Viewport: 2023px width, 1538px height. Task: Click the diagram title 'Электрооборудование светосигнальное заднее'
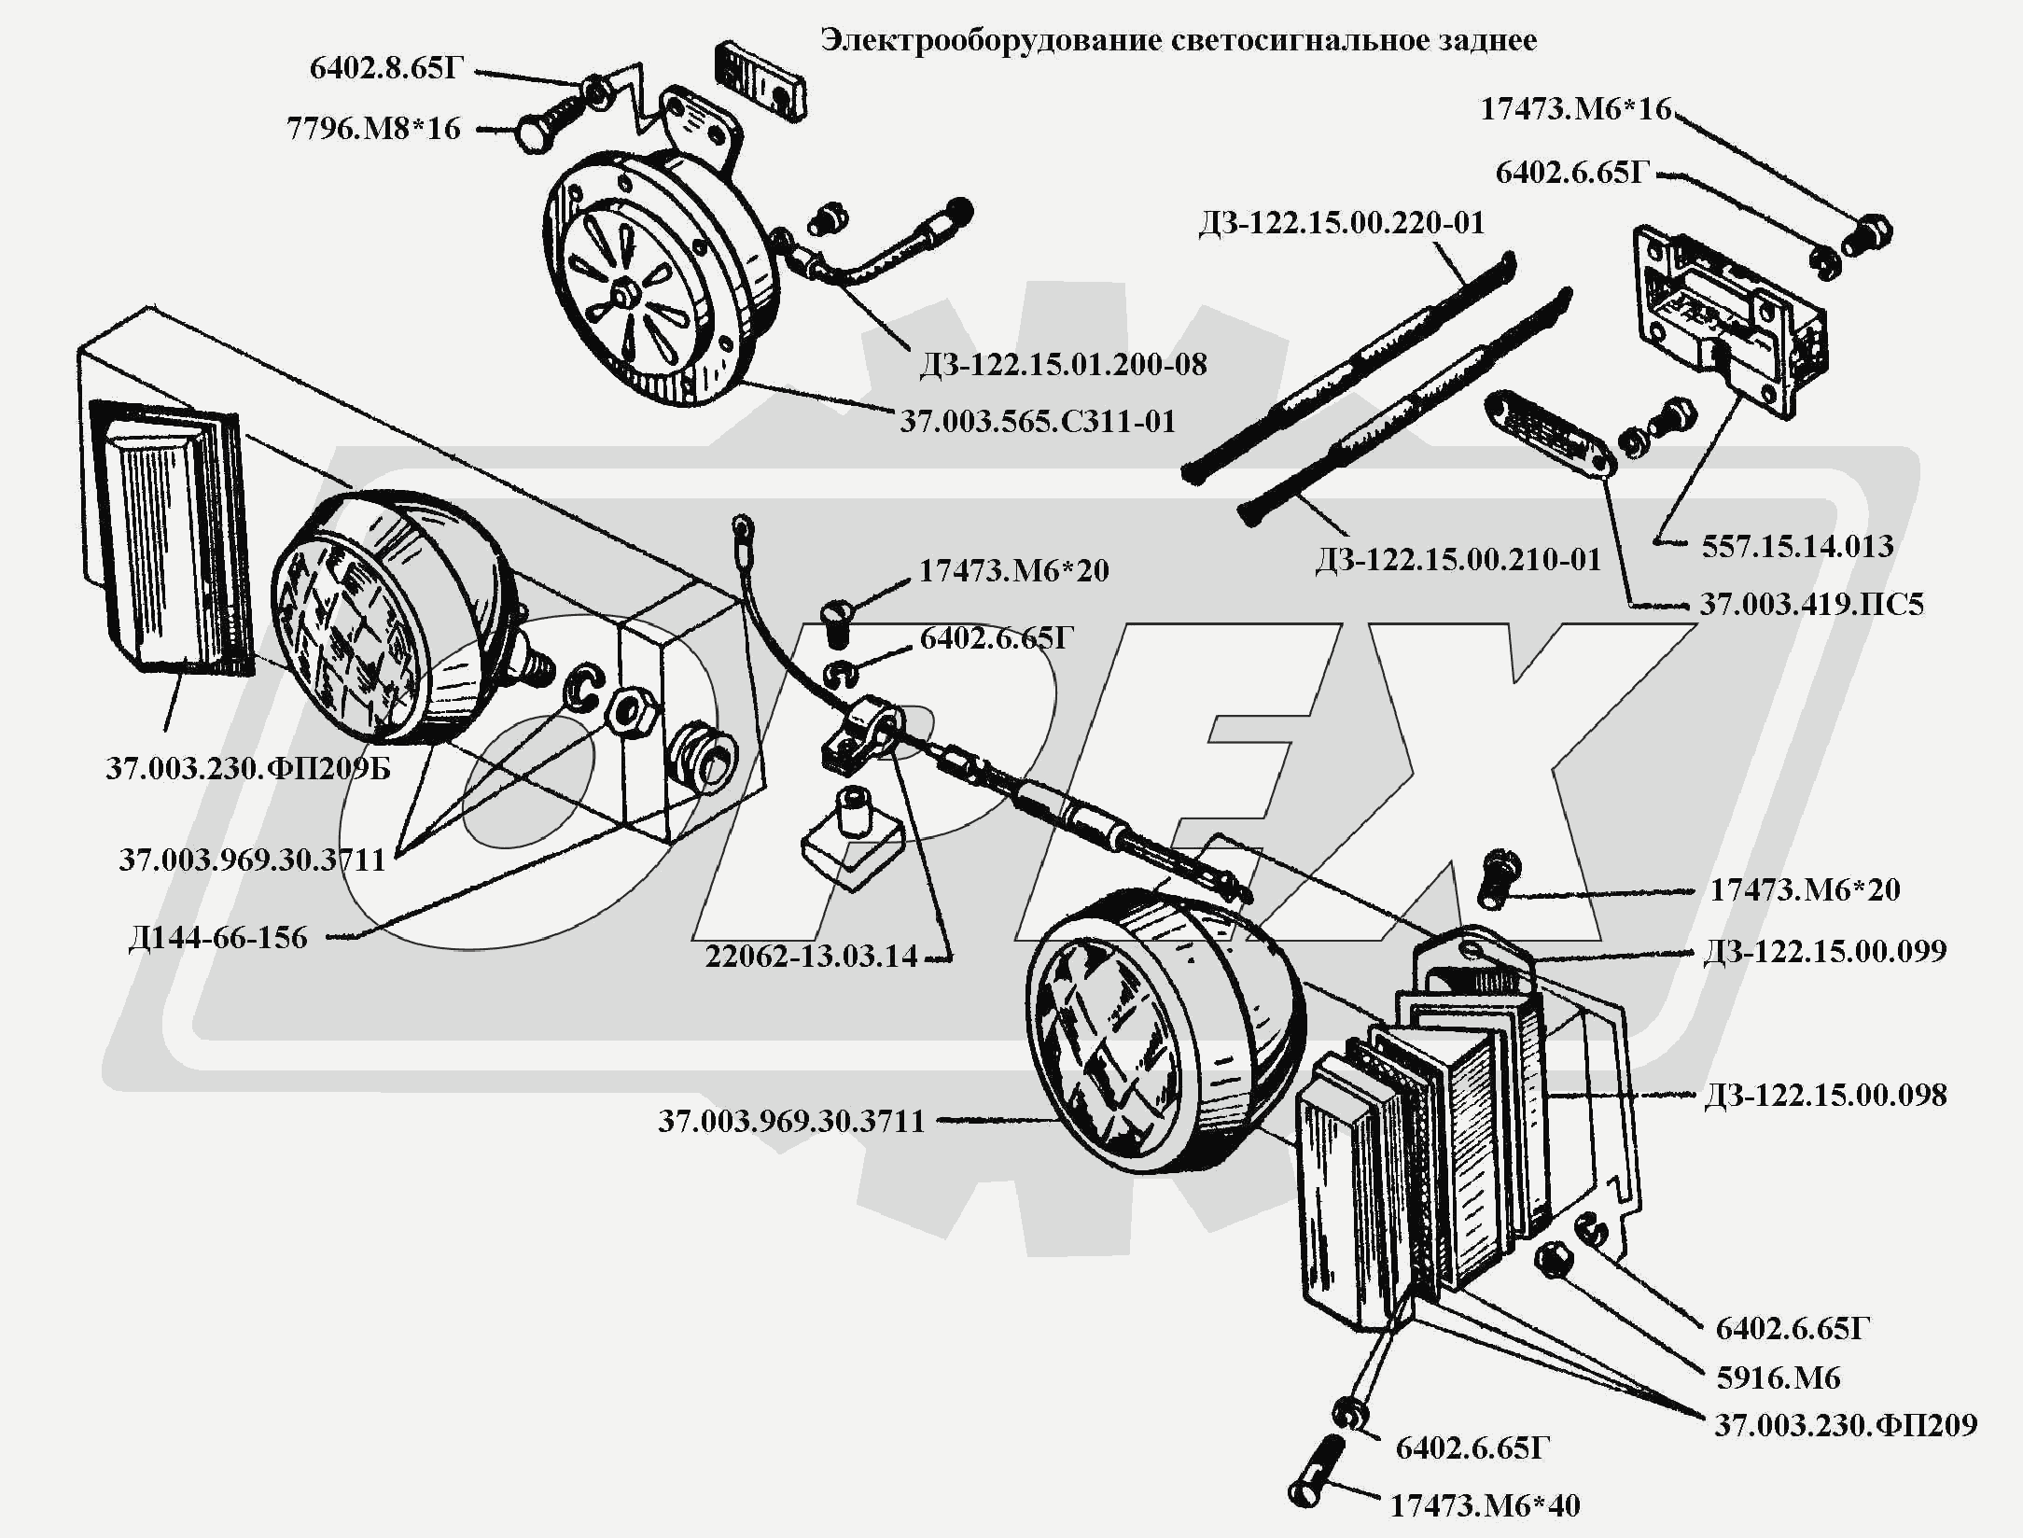[1178, 41]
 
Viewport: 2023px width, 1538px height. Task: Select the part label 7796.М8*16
[373, 129]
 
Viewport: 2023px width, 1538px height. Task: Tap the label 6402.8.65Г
[386, 69]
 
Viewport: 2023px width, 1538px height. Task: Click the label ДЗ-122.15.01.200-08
[1063, 364]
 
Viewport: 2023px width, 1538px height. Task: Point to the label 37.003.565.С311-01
[1038, 422]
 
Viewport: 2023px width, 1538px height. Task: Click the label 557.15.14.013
[1797, 546]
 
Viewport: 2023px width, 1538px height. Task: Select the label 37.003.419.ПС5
[1811, 605]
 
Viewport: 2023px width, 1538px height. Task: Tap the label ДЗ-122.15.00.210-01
[1458, 560]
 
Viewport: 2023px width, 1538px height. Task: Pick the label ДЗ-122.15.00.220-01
[1341, 223]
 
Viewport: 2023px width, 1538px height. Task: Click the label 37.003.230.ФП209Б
[248, 769]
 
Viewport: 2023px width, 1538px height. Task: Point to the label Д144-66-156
[218, 938]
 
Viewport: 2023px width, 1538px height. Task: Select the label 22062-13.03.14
[811, 957]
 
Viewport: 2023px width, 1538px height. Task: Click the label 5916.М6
[1778, 1377]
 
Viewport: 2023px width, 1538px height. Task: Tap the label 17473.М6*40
[1486, 1505]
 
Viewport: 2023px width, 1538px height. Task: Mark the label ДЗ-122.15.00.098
[1825, 1095]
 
